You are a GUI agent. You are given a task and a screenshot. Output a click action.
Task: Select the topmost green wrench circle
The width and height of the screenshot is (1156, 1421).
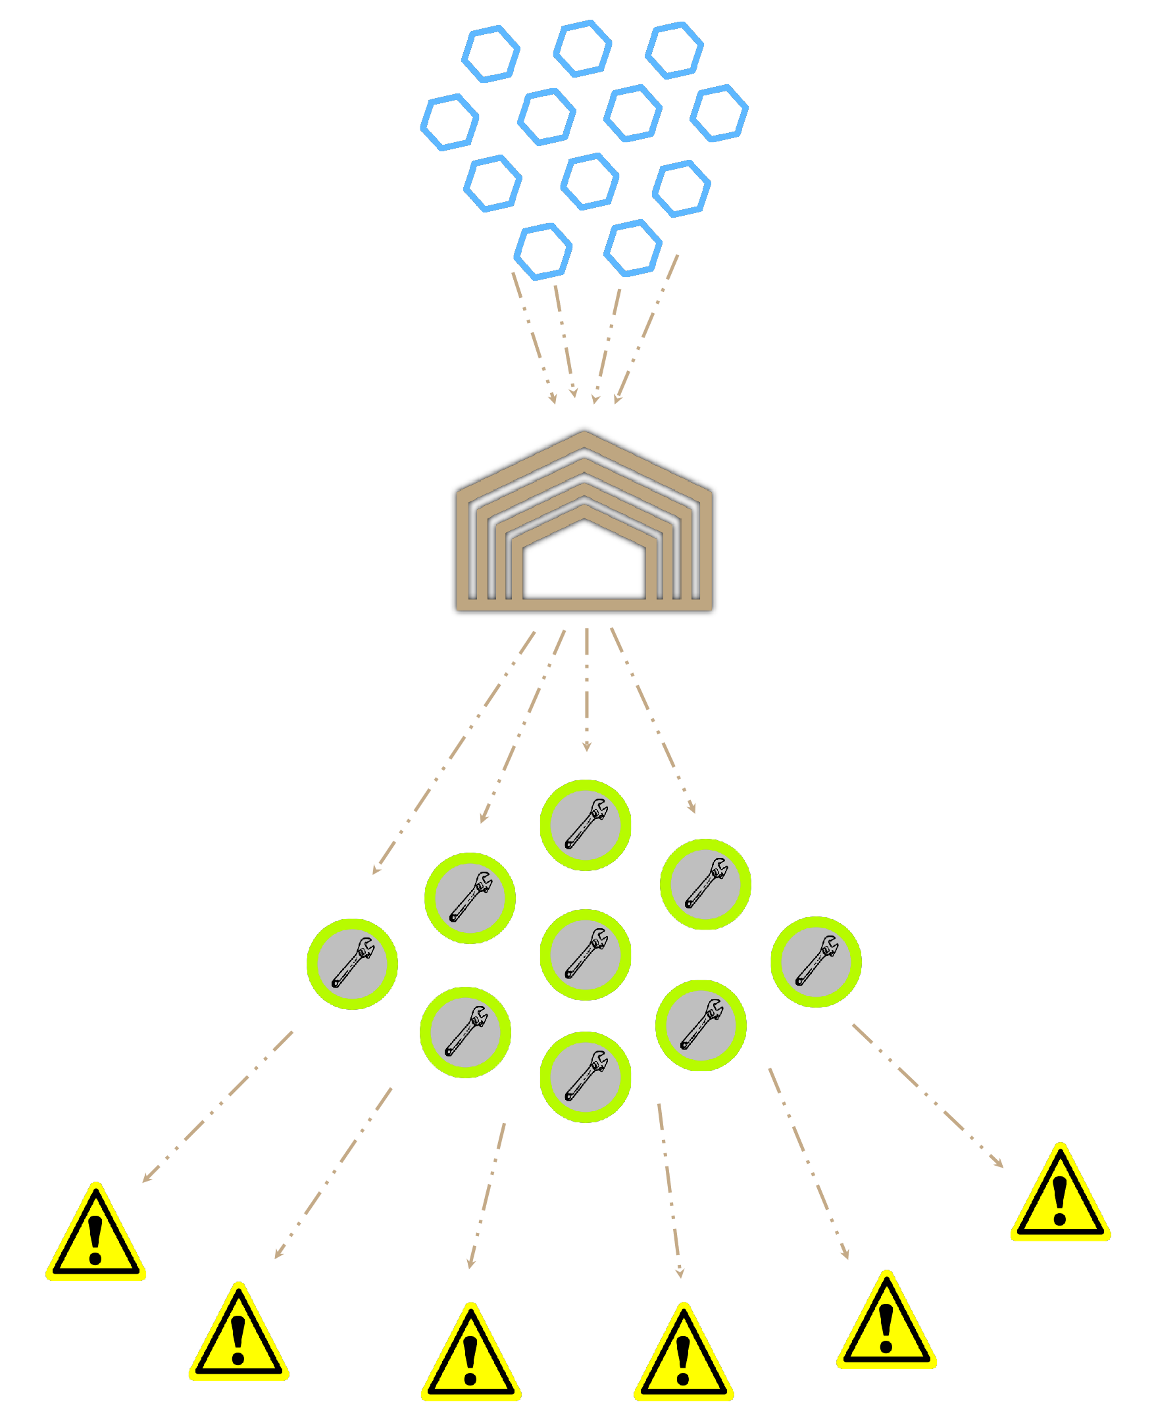(586, 825)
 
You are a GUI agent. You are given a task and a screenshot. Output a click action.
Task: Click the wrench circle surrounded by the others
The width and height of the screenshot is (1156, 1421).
(586, 955)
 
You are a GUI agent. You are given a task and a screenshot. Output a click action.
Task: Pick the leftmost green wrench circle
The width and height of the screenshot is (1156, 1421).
(352, 964)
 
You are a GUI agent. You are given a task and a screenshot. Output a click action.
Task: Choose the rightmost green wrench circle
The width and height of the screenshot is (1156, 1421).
(816, 962)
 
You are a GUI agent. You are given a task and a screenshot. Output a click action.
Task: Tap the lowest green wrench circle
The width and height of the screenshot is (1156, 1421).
(586, 1077)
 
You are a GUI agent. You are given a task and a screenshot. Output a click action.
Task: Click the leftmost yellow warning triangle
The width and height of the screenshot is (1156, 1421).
(96, 1236)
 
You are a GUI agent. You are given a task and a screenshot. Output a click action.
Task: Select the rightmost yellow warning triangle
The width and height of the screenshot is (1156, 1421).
(1060, 1197)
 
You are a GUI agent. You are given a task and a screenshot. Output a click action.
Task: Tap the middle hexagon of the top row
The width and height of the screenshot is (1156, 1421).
(583, 49)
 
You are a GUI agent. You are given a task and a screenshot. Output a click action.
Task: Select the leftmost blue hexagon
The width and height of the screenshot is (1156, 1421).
(449, 122)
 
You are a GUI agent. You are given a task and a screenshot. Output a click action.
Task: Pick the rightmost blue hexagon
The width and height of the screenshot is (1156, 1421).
(719, 113)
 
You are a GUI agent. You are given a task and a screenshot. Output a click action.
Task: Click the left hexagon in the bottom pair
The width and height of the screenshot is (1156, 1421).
(543, 252)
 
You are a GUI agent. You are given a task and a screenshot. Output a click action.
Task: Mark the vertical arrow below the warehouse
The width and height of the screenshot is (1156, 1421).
(587, 689)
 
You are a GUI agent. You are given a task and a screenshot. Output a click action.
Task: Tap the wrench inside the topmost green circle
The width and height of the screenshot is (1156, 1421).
(586, 824)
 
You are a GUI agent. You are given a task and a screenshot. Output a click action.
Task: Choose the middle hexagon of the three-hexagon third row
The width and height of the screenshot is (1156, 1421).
(590, 182)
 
